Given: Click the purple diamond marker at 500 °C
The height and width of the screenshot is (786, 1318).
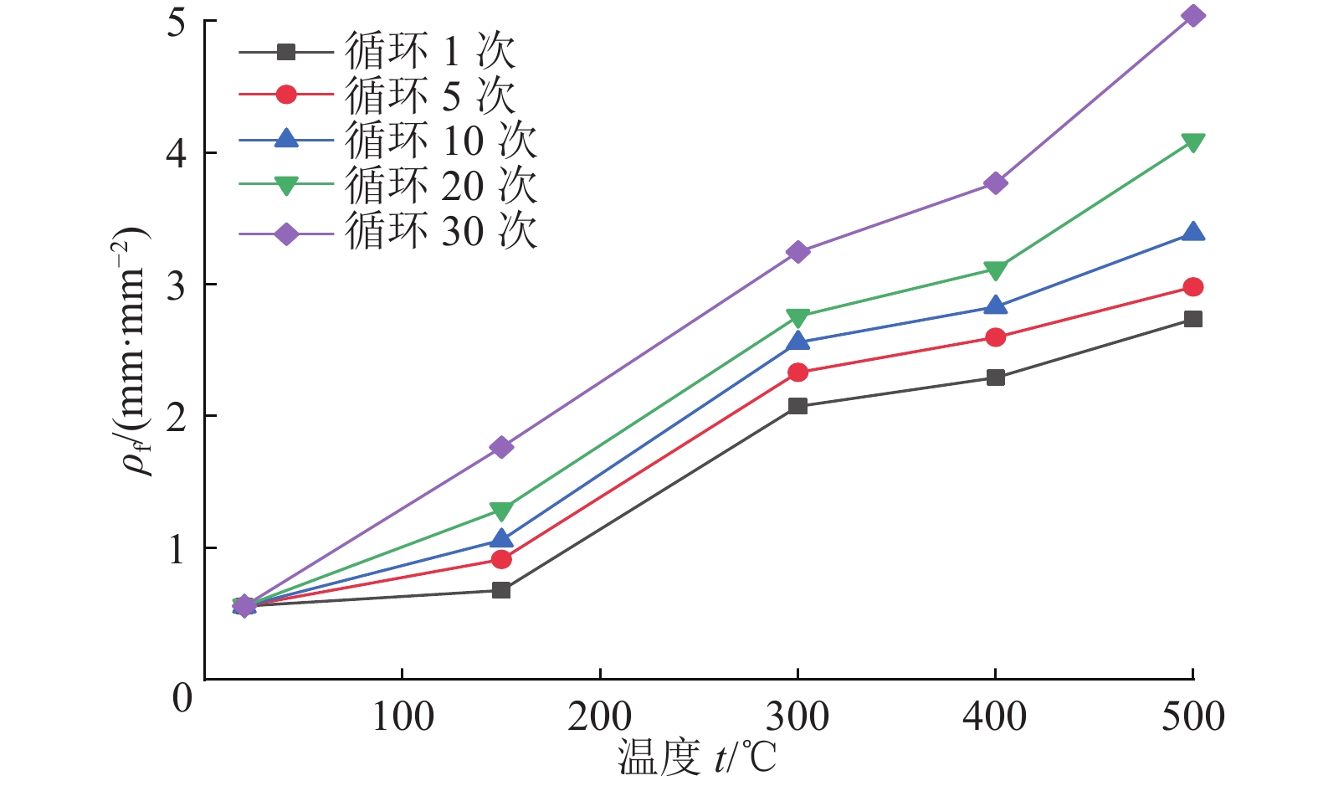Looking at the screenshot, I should (x=1193, y=16).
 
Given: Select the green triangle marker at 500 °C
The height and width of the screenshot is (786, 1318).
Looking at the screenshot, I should (x=1193, y=142).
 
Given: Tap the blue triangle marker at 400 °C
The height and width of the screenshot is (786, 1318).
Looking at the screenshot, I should (x=996, y=306).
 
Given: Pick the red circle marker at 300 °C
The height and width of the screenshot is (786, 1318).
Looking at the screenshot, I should (x=798, y=372).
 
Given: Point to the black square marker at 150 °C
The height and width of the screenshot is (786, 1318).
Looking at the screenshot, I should (x=501, y=590).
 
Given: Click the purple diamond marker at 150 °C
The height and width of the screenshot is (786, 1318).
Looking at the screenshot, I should (x=501, y=447).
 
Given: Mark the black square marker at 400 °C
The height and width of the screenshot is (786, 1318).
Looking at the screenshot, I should (x=996, y=378).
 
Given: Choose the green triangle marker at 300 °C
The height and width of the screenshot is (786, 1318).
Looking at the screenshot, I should (x=798, y=317).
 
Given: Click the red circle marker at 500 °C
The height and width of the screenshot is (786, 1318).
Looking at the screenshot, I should (x=1193, y=287).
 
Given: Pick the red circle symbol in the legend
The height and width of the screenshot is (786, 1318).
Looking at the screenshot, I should (x=286, y=95).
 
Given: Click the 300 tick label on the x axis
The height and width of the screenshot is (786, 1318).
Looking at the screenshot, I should (x=798, y=717).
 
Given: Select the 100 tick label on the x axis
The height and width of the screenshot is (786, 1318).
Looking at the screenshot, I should (x=403, y=717).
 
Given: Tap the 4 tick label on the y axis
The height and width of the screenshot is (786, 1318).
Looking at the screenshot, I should (x=177, y=153).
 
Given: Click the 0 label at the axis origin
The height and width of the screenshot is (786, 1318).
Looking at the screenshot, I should (x=182, y=697).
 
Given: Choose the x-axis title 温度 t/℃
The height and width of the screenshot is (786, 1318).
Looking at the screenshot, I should (x=697, y=758).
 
